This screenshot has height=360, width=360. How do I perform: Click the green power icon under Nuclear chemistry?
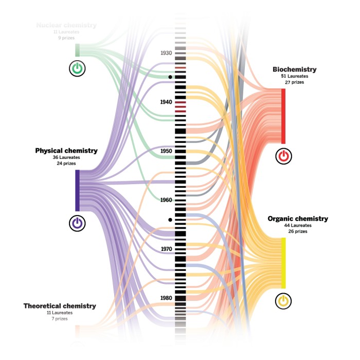77,68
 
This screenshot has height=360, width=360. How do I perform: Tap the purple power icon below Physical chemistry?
77,223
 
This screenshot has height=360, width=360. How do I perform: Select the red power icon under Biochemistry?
283,156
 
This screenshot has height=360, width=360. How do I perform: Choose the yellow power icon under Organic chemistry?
283,301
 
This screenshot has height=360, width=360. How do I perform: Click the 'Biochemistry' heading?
295,69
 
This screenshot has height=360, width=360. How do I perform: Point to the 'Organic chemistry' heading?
298,219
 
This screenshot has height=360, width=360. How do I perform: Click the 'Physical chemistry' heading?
66,151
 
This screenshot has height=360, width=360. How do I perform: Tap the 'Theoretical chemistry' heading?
60,306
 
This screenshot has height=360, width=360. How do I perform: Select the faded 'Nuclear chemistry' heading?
66,25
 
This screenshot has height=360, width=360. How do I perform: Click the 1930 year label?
166,53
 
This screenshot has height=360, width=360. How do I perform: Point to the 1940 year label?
166,102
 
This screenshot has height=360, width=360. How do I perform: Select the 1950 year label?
166,151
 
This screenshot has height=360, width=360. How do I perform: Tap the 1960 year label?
166,200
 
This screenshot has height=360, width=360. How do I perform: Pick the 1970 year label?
166,249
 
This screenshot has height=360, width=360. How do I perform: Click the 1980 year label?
166,298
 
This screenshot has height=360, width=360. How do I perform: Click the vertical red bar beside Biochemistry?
283,116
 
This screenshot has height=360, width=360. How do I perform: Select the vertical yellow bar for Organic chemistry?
283,262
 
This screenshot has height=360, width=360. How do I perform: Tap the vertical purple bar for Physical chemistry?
77,190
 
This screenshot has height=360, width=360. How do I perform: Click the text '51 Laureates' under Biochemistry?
295,76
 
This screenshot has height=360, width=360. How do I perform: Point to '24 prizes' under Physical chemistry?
66,164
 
